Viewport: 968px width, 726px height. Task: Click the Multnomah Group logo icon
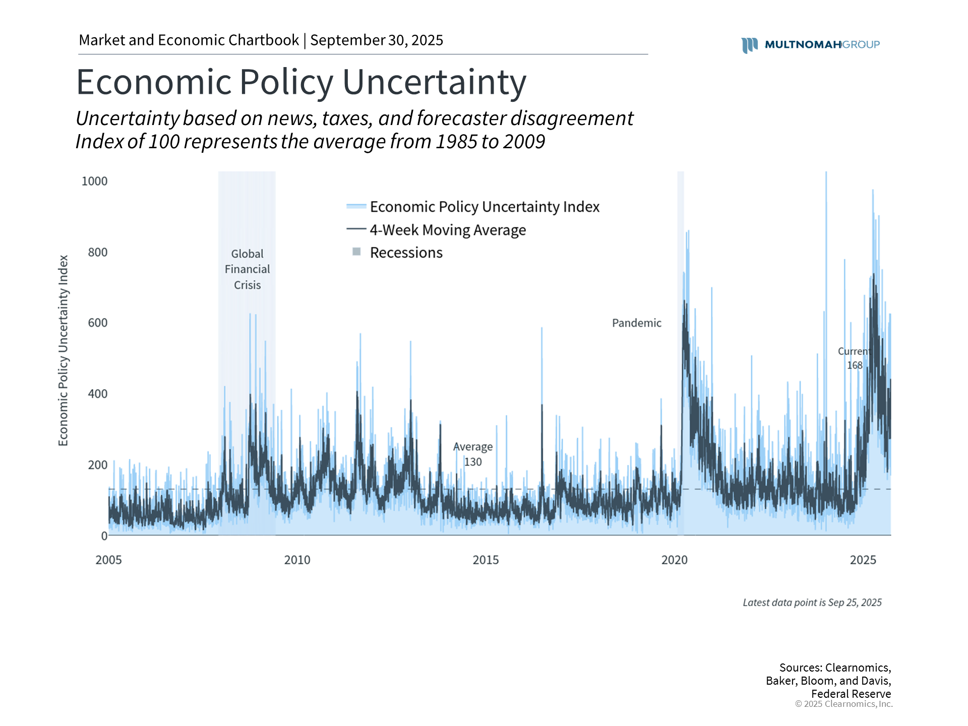pos(749,45)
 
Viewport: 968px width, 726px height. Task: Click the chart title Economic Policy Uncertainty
pos(301,82)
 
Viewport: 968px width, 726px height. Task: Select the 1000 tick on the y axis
pos(94,181)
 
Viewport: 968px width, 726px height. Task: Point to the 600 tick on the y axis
pos(97,323)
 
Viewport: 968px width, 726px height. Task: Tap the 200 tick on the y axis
pos(97,465)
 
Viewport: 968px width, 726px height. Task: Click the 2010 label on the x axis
pos(297,560)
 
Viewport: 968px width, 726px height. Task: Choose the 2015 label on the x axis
pos(486,560)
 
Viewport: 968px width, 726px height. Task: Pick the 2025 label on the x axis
pos(863,560)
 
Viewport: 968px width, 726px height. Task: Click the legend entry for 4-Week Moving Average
pos(447,230)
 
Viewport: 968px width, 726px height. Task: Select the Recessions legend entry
pos(406,253)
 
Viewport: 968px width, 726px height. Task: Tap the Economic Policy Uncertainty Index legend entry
pos(484,207)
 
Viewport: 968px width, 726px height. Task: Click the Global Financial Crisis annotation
pos(247,269)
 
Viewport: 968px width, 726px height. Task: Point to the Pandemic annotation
pos(636,323)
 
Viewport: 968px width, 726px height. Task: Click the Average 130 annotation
pos(473,454)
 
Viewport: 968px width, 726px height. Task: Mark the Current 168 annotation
pos(854,358)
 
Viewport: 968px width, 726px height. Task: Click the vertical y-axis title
pos(63,350)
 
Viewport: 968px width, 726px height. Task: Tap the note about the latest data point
pos(812,602)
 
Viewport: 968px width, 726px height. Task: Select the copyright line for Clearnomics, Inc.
pos(843,704)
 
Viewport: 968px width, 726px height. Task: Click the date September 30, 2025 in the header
pos(377,40)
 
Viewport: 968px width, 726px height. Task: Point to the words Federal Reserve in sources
pos(851,694)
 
